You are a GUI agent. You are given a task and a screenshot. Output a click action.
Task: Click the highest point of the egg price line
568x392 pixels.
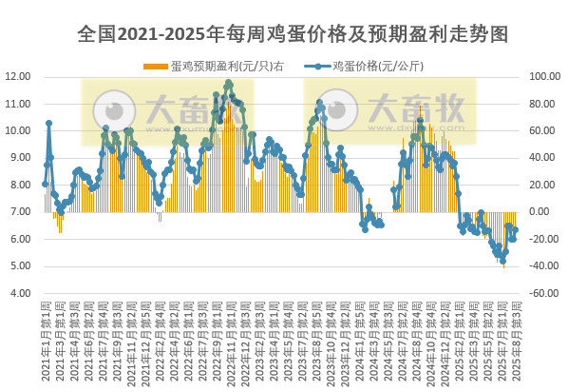(228, 84)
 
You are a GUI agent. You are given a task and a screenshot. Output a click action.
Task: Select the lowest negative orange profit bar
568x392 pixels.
(503, 266)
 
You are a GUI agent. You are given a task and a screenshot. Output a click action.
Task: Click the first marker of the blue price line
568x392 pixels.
(45, 184)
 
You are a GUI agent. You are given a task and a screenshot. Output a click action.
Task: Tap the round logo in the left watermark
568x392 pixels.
(117, 107)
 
